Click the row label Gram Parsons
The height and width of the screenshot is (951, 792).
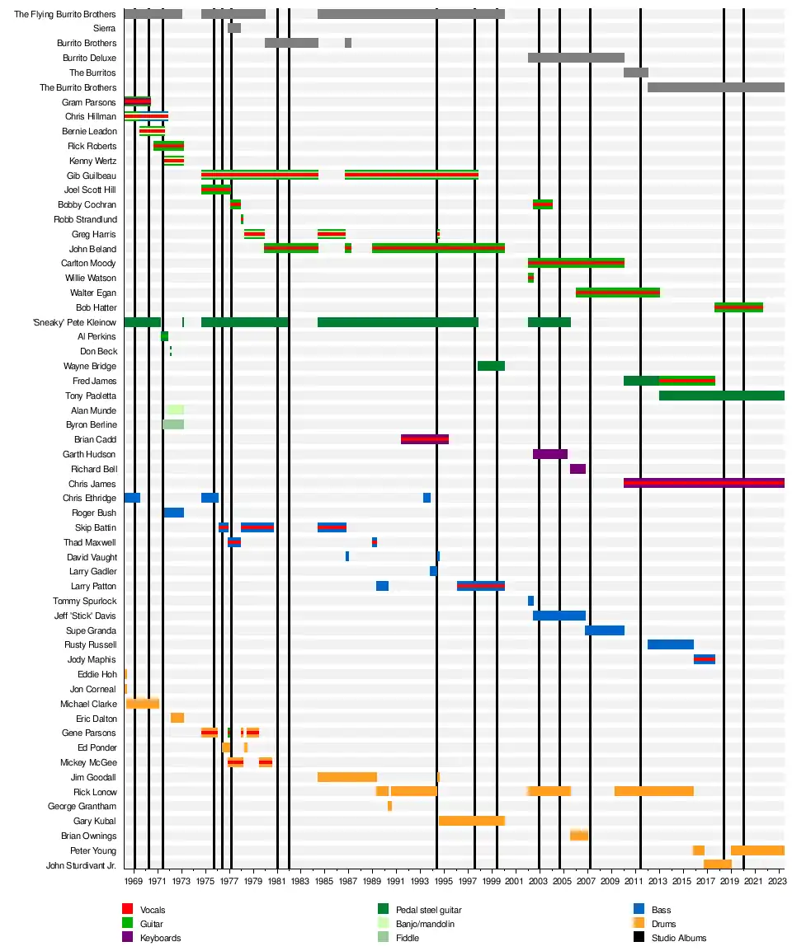coord(89,102)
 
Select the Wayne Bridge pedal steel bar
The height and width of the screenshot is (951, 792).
coord(491,366)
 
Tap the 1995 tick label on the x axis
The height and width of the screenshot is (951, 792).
coord(443,881)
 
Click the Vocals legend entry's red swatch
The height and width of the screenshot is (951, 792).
coord(127,909)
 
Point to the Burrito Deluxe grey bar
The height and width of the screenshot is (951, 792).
coord(576,58)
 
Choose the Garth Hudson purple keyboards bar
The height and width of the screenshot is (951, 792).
coord(549,454)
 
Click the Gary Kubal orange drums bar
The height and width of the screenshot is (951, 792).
coord(471,821)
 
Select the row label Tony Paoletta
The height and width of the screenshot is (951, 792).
coord(91,396)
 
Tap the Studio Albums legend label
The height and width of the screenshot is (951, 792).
coord(678,938)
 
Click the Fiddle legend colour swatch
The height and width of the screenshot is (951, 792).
coord(383,937)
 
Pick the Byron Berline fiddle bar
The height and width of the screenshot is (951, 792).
coord(173,424)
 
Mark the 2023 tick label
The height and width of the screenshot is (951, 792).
coord(776,881)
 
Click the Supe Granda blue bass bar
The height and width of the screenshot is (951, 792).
coord(604,630)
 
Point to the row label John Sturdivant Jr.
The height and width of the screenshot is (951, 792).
coord(81,865)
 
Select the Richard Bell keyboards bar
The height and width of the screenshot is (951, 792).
coord(577,469)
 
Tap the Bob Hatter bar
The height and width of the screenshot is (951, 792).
coord(738,307)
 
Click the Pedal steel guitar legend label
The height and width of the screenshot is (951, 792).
coord(428,909)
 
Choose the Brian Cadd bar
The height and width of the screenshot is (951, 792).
coord(424,439)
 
